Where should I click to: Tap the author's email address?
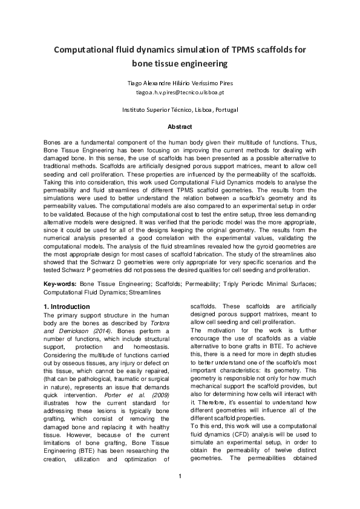click(180, 92)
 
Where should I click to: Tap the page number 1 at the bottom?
click(180, 493)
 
